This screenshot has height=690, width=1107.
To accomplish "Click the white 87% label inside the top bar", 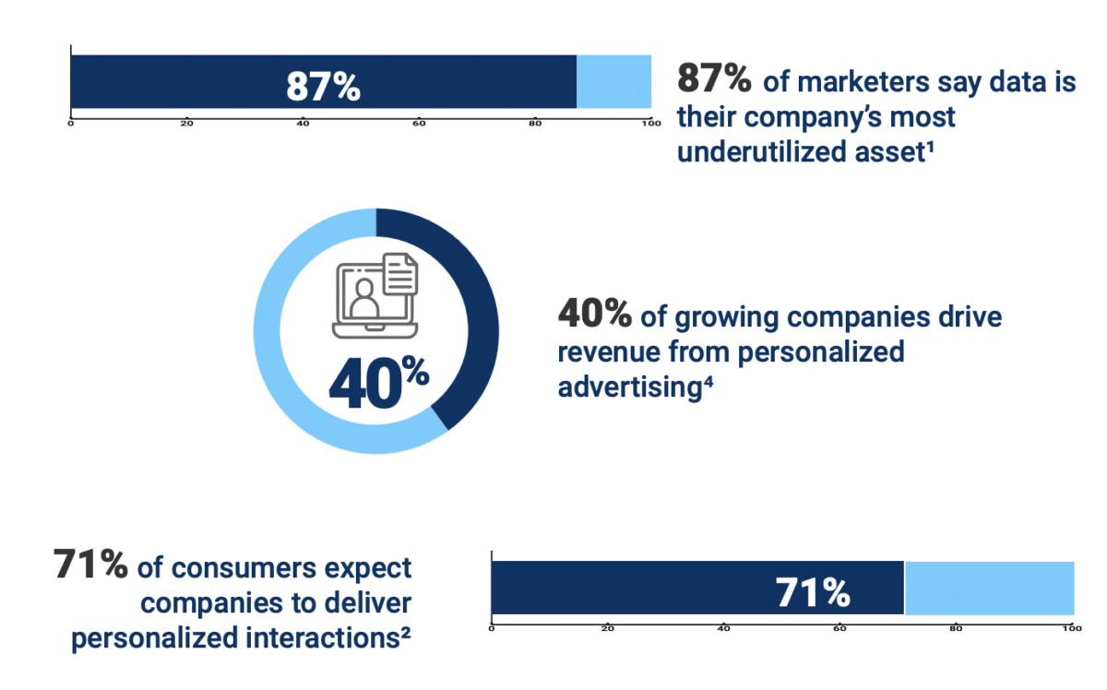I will (x=323, y=85).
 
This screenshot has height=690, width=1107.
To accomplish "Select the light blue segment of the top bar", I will (x=613, y=82).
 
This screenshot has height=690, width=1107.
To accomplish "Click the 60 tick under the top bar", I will (x=419, y=123).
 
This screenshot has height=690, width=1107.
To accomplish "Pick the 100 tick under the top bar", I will (x=649, y=123).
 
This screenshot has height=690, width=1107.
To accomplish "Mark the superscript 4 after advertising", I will (x=708, y=380).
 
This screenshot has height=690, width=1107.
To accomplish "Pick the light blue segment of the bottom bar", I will (x=989, y=588).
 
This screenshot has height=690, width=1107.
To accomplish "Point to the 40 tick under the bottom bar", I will (x=723, y=629).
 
